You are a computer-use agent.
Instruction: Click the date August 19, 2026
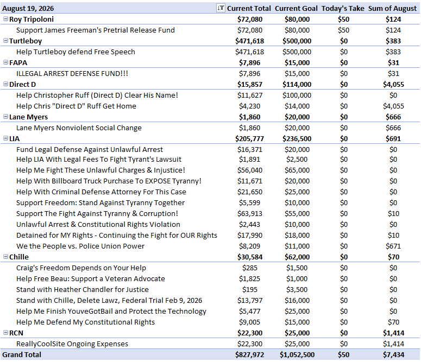coord(28,9)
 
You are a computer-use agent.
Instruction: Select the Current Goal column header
coord(296,9)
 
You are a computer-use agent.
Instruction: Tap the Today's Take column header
coord(343,9)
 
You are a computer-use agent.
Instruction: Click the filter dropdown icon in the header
coord(221,8)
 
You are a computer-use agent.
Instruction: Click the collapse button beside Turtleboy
coord(5,41)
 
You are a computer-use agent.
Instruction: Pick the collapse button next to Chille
coord(5,257)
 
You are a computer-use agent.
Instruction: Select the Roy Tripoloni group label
coord(32,20)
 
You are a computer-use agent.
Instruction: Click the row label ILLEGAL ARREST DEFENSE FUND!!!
coord(72,73)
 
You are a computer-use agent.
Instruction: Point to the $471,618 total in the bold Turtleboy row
coord(250,41)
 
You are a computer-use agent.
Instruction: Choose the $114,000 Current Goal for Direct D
coord(297,85)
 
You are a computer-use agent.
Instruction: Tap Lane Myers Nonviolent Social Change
coord(79,128)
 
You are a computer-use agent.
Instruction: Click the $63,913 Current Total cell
coord(250,214)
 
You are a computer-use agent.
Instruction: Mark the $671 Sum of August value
coord(393,246)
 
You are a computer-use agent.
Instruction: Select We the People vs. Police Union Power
coord(80,246)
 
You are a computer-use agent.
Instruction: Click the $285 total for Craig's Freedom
coord(250,268)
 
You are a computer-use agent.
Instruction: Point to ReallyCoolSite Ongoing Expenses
coord(72,344)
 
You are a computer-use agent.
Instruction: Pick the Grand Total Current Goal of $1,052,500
coord(297,355)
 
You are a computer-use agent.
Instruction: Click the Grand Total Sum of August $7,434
coord(393,355)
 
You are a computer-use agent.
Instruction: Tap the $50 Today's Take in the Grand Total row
coord(344,355)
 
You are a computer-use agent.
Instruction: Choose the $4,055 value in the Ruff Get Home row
coord(393,106)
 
